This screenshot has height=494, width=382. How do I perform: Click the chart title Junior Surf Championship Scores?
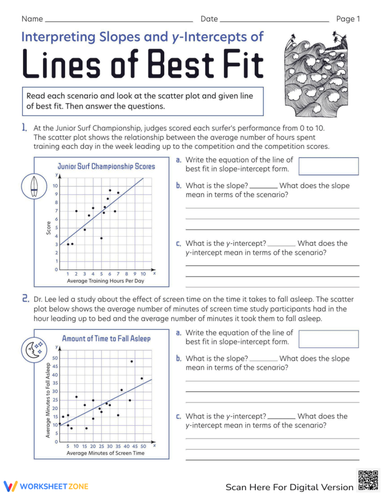click(x=106, y=166)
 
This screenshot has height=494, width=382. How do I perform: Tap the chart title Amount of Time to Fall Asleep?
click(x=106, y=339)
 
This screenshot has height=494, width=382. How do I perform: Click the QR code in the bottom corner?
click(x=367, y=480)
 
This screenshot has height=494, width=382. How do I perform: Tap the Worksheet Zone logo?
click(x=46, y=486)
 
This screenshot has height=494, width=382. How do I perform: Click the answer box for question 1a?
click(x=329, y=166)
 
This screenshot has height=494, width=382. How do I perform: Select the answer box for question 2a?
click(x=329, y=339)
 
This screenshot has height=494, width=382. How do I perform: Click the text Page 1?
click(x=348, y=19)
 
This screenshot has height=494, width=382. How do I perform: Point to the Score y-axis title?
click(x=49, y=228)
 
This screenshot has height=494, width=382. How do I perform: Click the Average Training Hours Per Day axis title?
click(x=105, y=281)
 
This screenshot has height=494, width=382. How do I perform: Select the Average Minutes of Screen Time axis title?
click(x=105, y=453)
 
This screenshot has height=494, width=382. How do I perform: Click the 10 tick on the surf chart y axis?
click(x=55, y=186)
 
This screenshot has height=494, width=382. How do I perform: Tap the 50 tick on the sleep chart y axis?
click(x=55, y=358)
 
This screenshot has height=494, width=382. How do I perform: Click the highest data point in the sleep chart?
click(x=132, y=361)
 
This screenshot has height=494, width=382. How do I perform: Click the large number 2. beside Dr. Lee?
click(x=25, y=298)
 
